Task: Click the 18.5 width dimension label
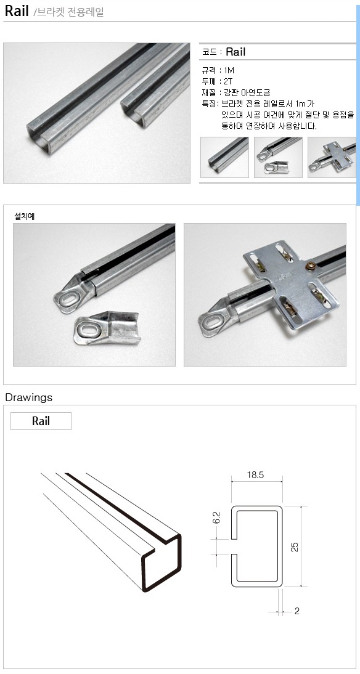pyautogui.click(x=255, y=475)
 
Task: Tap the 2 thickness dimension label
pyautogui.click(x=297, y=611)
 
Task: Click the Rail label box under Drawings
pyautogui.click(x=41, y=421)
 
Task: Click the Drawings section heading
pyautogui.click(x=29, y=397)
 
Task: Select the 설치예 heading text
pyautogui.click(x=25, y=216)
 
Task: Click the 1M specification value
pyautogui.click(x=229, y=70)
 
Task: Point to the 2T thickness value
pyautogui.click(x=228, y=81)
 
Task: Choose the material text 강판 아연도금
pyautogui.click(x=247, y=92)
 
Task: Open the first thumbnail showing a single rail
pyautogui.click(x=224, y=157)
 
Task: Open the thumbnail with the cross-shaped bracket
pyautogui.click(x=332, y=157)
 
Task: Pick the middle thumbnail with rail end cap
pyautogui.click(x=278, y=157)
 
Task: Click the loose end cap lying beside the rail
pyautogui.click(x=106, y=328)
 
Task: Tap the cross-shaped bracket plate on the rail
pyautogui.click(x=292, y=283)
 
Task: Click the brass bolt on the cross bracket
pyautogui.click(x=309, y=266)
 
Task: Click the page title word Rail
pyautogui.click(x=17, y=11)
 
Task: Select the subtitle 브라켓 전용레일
pyautogui.click(x=70, y=12)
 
